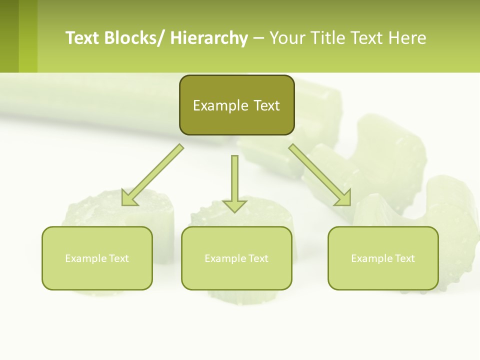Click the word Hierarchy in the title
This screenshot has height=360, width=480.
pos(209,38)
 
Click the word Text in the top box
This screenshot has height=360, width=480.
pos(266,105)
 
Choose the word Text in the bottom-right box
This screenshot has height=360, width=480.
pos(404,258)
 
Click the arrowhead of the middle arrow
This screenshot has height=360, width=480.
pos(234,205)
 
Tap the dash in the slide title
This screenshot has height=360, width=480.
pos(258,38)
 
